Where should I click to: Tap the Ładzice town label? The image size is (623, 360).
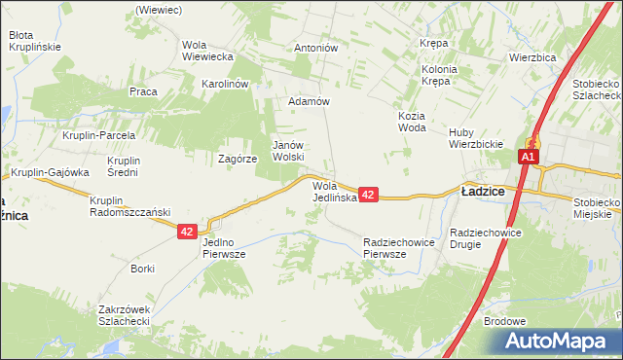click(483, 192)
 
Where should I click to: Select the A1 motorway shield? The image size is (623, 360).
click(529, 157)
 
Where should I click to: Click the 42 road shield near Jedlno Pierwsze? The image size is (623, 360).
click(189, 232)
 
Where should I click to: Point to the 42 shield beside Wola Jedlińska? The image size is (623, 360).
click(368, 196)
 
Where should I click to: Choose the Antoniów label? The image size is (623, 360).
click(315, 47)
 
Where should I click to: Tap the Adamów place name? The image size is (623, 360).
click(310, 101)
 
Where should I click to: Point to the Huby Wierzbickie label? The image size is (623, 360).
click(475, 138)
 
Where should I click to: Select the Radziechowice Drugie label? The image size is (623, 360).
click(488, 238)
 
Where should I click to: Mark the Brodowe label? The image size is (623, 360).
click(504, 321)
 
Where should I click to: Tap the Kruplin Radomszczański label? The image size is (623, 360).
click(129, 206)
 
